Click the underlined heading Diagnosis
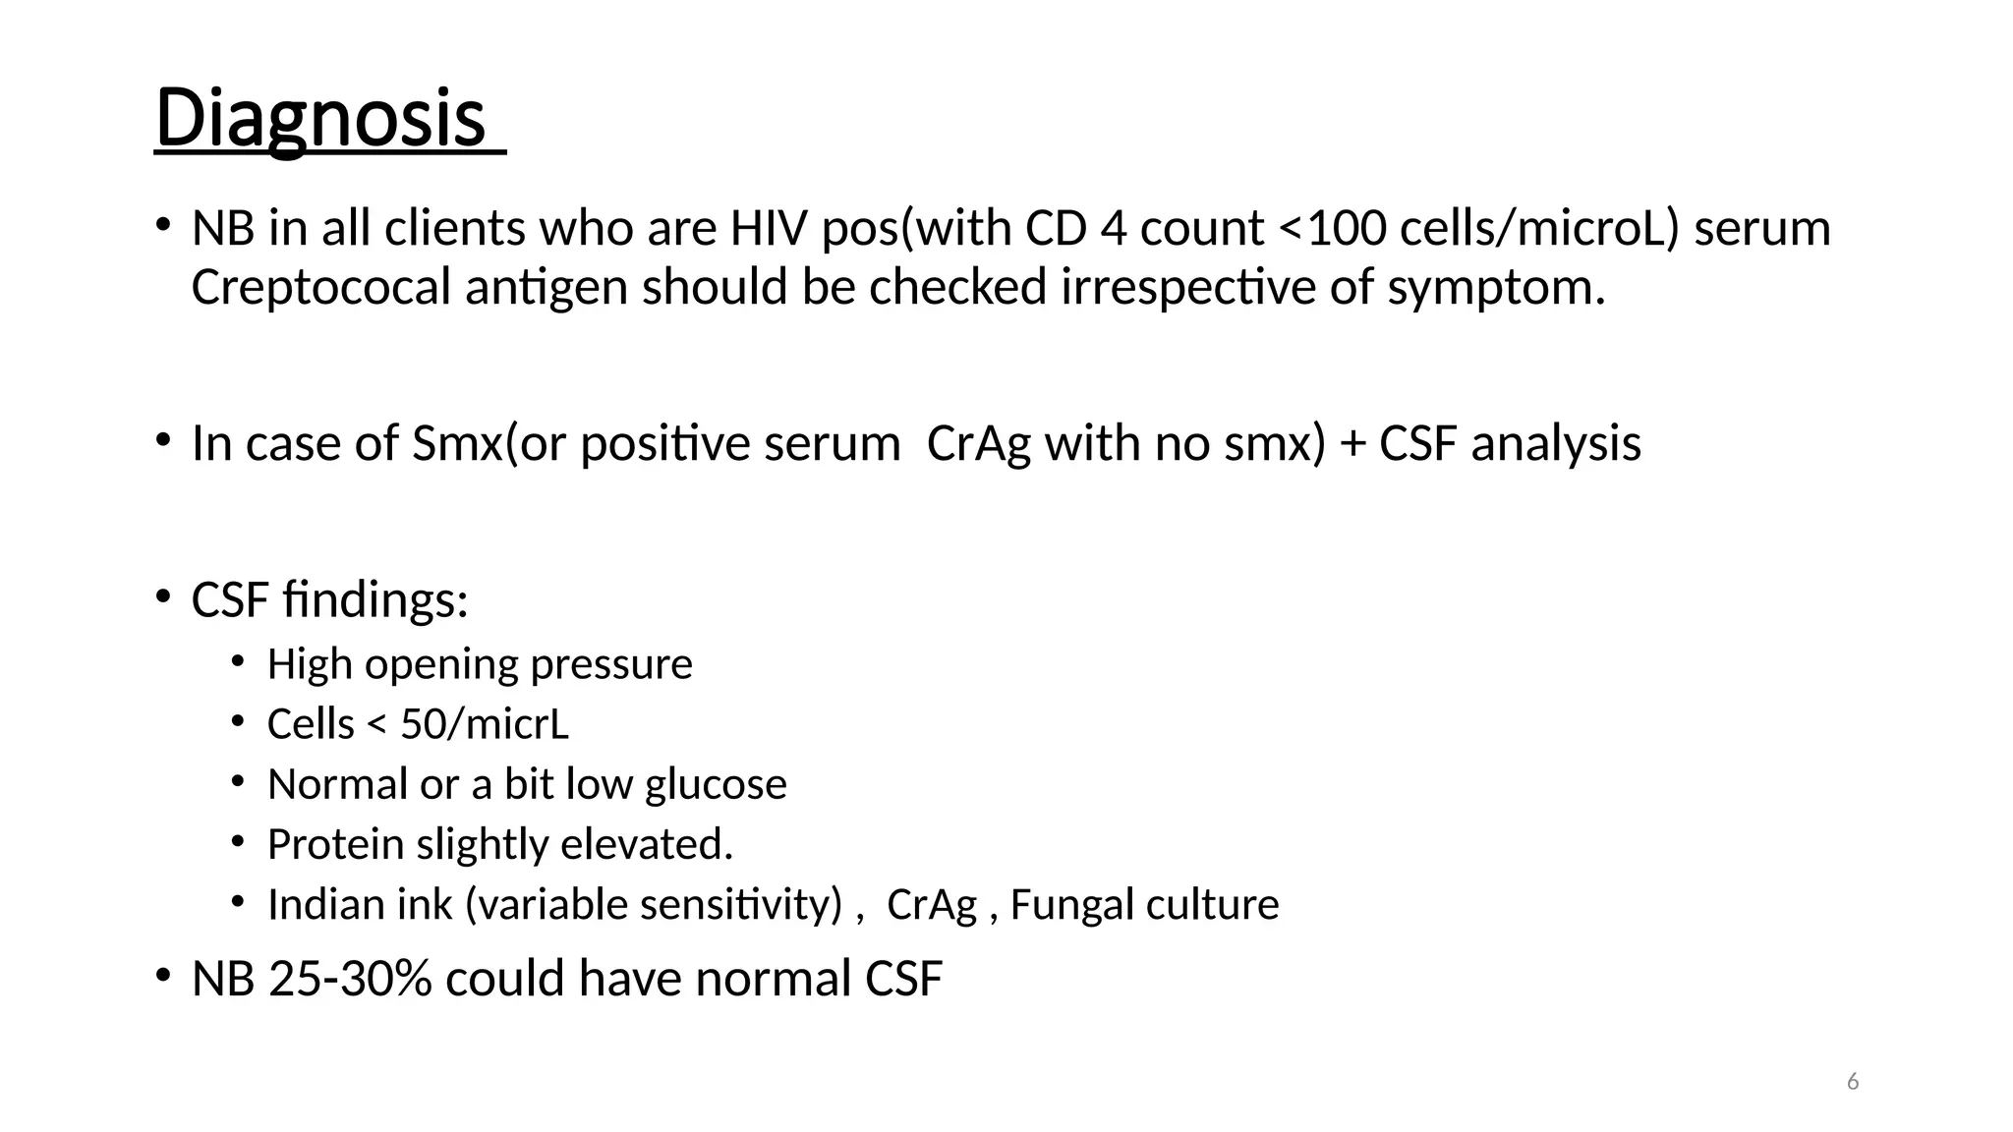[320, 118]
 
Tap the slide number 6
[1853, 1082]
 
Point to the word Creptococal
[320, 288]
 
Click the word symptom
[1496, 288]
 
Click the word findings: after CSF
[374, 599]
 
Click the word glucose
[716, 785]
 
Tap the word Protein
[335, 845]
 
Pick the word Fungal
[1064, 905]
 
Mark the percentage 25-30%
[350, 979]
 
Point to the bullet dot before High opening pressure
[237, 661]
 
